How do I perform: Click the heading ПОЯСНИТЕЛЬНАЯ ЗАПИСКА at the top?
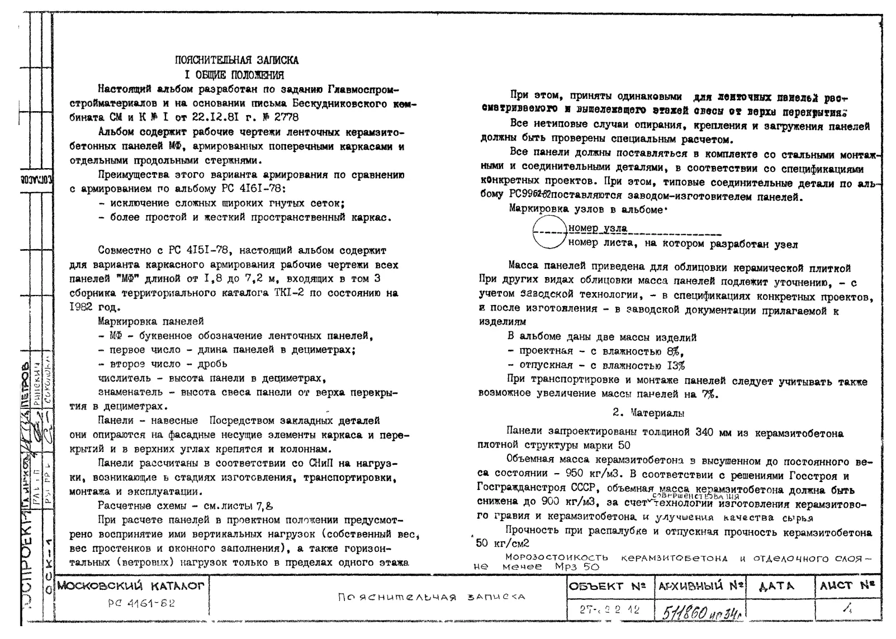tap(236, 60)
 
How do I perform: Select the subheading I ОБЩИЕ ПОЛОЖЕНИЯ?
tap(234, 75)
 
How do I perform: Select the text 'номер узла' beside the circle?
tap(597, 228)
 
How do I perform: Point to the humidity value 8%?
tap(674, 351)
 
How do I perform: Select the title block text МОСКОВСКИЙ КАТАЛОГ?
tap(132, 586)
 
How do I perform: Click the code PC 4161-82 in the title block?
tap(141, 604)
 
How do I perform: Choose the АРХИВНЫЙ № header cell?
tap(701, 586)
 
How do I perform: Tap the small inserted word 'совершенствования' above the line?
tap(695, 496)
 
